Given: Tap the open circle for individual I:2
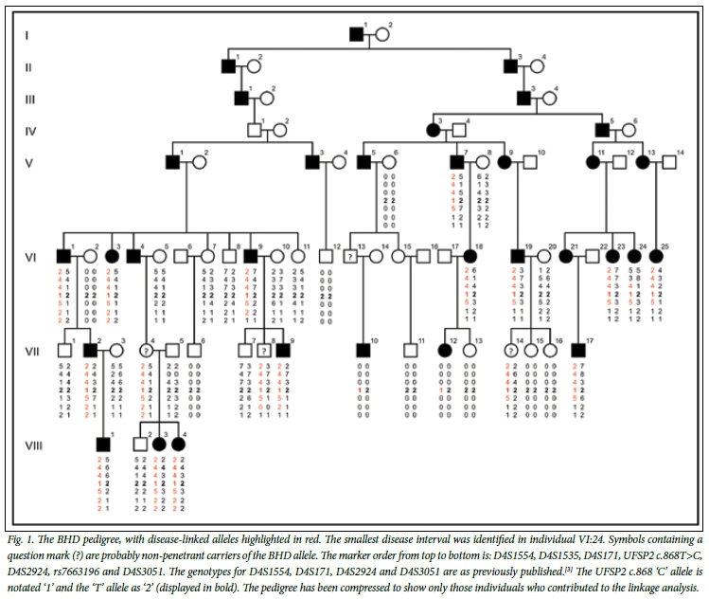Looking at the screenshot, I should pos(382,35).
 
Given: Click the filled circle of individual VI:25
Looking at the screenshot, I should pos(655,256).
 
